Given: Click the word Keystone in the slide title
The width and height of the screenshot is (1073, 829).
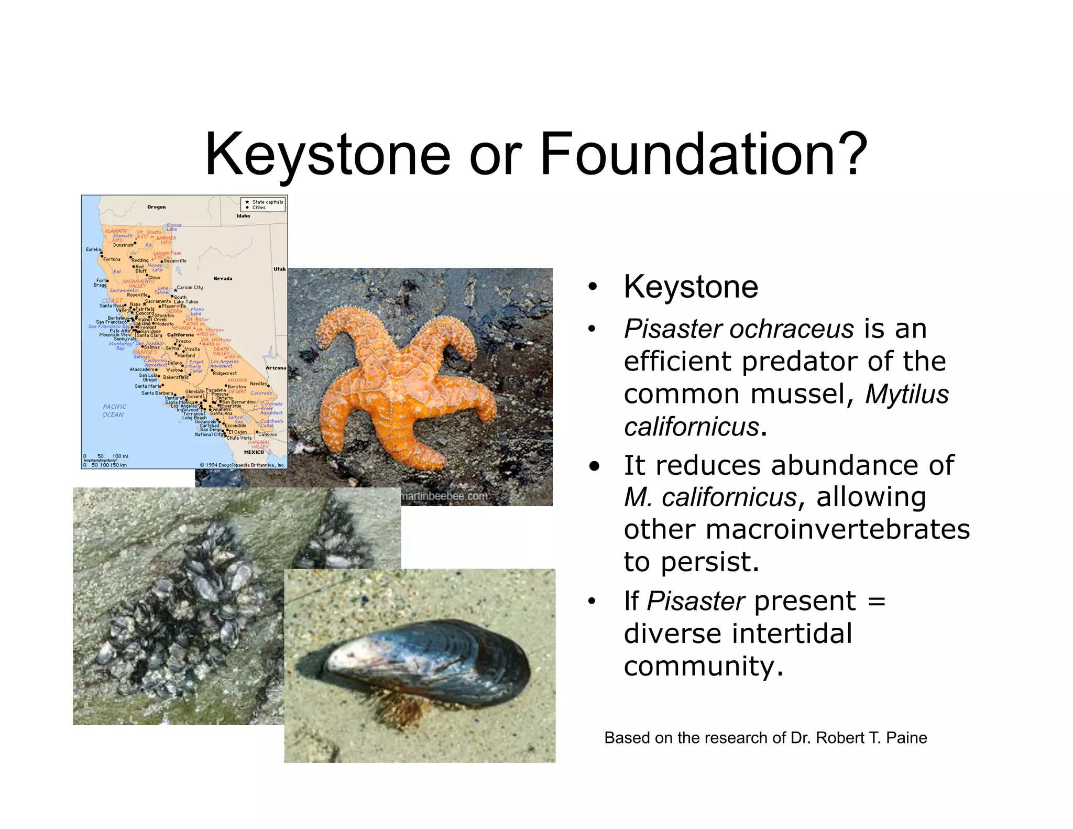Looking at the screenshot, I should tap(327, 155).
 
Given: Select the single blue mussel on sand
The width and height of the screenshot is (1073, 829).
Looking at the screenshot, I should tap(424, 666).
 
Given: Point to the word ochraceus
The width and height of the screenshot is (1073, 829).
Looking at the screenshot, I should tap(792, 329).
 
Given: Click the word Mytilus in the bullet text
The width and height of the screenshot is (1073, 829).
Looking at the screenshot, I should tap(907, 394).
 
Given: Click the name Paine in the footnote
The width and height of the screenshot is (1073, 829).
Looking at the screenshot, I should tap(906, 738).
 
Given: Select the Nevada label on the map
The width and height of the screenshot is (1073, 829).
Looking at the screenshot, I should tap(223, 278).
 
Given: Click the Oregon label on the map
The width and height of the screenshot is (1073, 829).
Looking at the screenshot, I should tap(156, 207).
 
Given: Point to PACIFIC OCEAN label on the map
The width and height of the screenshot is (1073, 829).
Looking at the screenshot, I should tap(114, 410).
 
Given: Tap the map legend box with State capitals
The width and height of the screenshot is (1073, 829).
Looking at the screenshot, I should tap(263, 204).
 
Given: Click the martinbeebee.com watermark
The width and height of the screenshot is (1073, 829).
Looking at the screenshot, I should tap(444, 496).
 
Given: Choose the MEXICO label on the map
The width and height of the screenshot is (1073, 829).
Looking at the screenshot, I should tap(254, 452).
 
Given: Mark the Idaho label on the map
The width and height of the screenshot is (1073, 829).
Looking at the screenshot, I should tap(243, 216).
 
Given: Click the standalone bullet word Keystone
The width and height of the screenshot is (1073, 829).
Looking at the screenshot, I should tap(691, 287).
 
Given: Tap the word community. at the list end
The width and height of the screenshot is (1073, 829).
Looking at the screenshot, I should tap(703, 667).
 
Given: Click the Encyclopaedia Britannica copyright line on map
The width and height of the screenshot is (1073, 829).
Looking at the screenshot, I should tap(243, 465).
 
